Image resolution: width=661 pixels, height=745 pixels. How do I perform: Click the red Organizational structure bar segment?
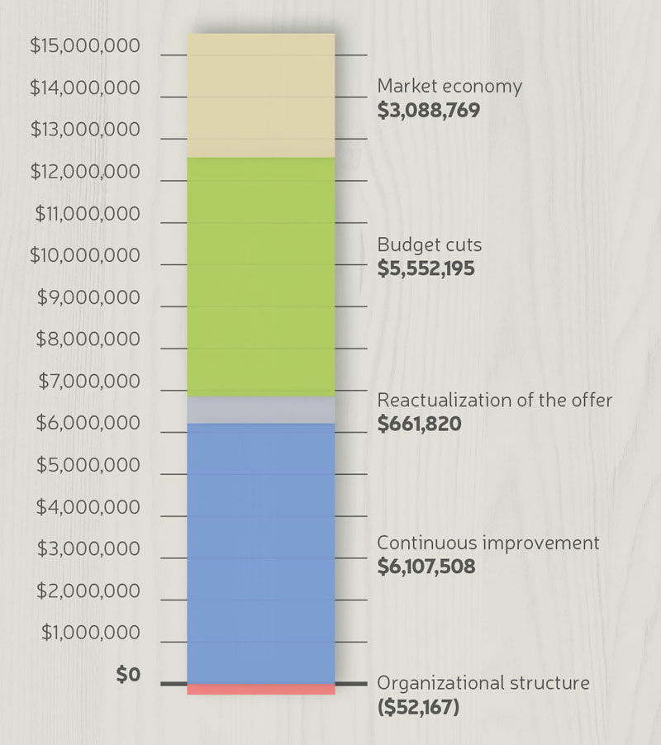point(261,689)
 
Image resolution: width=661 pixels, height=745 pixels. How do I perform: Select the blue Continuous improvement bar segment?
point(261,553)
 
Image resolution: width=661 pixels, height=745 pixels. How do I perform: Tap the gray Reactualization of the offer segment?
point(261,410)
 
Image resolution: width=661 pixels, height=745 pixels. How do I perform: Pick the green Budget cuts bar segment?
point(261,277)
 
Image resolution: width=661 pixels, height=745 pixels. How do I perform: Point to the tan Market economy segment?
point(261,95)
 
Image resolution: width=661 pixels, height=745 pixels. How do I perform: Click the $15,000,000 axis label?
point(85,45)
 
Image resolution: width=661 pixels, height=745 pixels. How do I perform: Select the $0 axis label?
point(128,675)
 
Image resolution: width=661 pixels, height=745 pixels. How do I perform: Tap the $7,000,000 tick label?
point(88,382)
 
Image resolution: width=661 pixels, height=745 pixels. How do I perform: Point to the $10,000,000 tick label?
point(85,255)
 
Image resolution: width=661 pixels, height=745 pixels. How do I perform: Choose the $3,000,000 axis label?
point(88,549)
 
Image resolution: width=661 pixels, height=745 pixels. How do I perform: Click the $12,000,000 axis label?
point(85,172)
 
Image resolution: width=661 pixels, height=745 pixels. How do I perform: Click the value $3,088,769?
point(428,110)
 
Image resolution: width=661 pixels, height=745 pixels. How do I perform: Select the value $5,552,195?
point(426,268)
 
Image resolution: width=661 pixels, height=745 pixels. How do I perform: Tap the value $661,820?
point(419,424)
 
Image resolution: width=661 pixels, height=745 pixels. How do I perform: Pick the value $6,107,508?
point(426,567)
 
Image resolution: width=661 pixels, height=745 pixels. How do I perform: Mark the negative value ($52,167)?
point(418,708)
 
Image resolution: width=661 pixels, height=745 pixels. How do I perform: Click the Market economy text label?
point(449,86)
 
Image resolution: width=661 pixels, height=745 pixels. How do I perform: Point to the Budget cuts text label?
point(429,245)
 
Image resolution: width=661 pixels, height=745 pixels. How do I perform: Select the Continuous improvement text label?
point(487,543)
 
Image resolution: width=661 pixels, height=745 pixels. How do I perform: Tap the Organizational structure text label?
point(483,684)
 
